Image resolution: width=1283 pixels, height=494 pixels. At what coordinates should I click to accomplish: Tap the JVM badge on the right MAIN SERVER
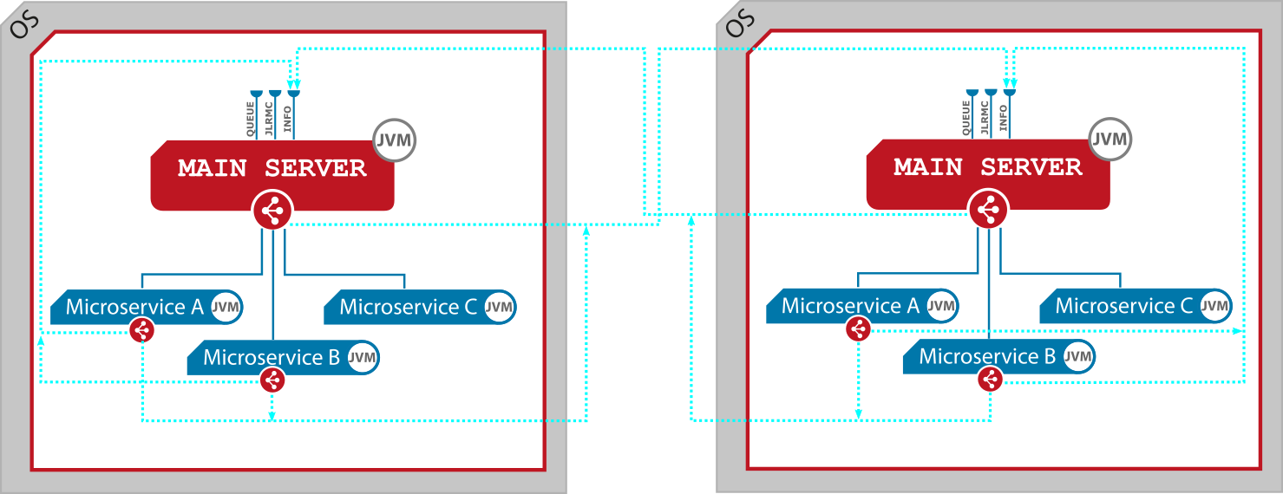[1110, 140]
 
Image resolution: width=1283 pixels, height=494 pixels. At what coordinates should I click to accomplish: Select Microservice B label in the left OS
[271, 357]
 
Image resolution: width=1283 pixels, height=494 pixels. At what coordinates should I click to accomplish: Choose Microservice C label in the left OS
[409, 307]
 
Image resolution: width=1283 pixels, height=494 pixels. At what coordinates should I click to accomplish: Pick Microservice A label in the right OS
[850, 306]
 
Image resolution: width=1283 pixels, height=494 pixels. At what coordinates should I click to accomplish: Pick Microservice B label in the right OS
[987, 356]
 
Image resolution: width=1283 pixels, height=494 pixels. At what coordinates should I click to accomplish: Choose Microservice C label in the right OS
[1124, 306]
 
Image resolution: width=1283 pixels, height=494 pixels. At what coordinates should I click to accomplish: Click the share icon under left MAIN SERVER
[272, 211]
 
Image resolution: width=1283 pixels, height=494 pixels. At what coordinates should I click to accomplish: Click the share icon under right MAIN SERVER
[988, 210]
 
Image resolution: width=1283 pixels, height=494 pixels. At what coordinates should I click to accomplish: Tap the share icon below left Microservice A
[142, 330]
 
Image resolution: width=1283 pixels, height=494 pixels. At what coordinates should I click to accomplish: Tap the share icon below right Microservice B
[990, 379]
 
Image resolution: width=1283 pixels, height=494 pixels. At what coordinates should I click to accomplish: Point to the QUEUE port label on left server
[251, 117]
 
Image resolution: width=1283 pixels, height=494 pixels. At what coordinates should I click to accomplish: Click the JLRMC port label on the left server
[270, 117]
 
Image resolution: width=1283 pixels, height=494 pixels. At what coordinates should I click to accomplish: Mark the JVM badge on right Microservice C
[1214, 306]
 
